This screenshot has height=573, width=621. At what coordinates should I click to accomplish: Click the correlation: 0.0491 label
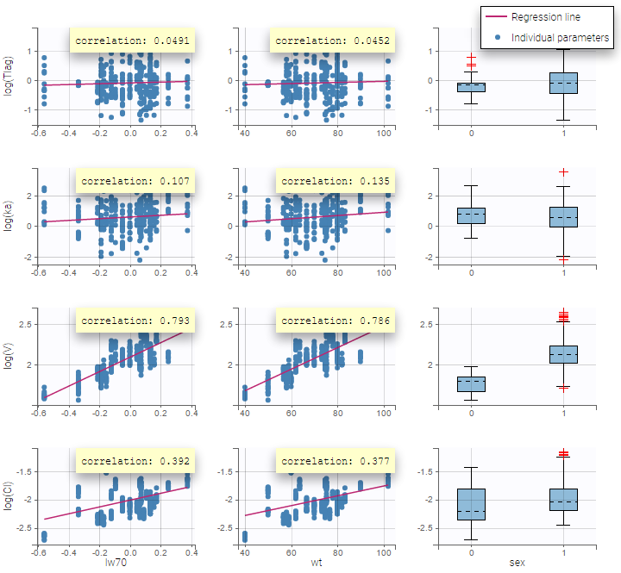pos(132,40)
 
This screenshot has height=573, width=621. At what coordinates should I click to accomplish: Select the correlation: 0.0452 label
pos(332,40)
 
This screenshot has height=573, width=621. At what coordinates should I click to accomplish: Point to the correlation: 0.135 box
pos(333,182)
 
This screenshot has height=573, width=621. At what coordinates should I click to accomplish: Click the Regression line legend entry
pos(545,17)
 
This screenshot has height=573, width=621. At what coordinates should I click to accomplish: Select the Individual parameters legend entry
pos(560,38)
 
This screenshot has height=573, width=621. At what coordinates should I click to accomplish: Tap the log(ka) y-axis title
pos(9,215)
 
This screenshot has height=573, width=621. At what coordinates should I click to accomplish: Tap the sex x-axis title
pos(516,564)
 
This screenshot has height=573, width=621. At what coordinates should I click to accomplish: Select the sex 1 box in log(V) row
pos(563,354)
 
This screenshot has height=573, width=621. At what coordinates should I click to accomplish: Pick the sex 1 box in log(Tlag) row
pos(563,83)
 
